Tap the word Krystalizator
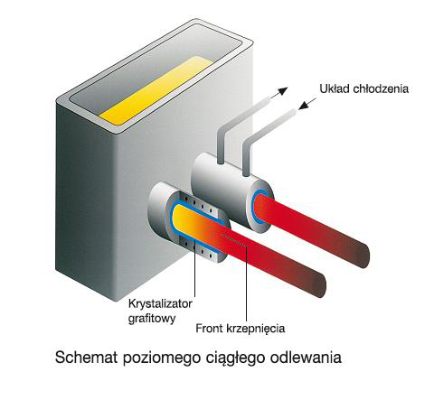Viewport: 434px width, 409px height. pyautogui.click(x=160, y=303)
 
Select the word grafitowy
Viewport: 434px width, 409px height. pyautogui.click(x=152, y=319)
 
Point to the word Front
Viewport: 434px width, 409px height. pyautogui.click(x=209, y=328)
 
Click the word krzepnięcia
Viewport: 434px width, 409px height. pyautogui.click(x=256, y=329)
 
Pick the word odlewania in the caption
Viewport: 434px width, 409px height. pyautogui.click(x=306, y=358)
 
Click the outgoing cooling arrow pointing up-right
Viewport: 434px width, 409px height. pyautogui.click(x=279, y=92)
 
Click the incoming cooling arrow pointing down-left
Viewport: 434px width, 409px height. pyautogui.click(x=307, y=104)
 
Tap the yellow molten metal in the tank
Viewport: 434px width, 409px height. pyautogui.click(x=156, y=90)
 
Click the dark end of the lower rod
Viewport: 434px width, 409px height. pyautogui.click(x=319, y=284)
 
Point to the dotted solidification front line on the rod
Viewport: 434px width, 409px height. pyautogui.click(x=234, y=241)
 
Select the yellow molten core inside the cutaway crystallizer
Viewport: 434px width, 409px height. pyautogui.click(x=183, y=219)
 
